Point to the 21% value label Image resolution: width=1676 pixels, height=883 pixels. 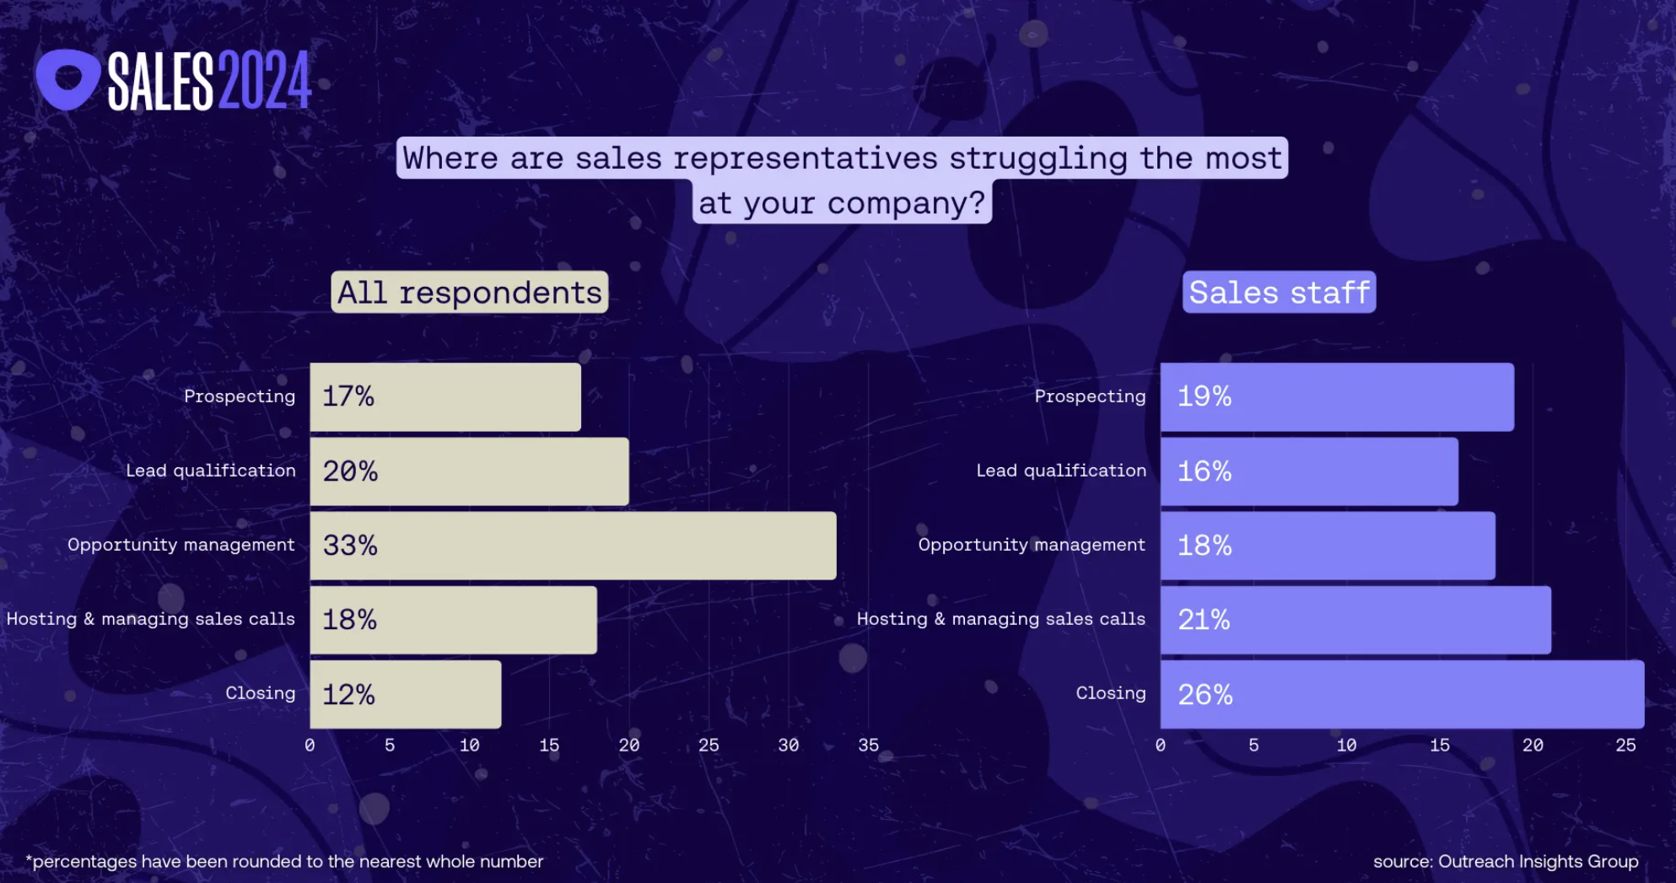(1204, 620)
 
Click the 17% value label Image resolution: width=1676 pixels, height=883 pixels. (348, 396)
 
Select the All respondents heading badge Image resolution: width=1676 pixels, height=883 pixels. (469, 292)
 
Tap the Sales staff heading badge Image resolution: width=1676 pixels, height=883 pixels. (1279, 292)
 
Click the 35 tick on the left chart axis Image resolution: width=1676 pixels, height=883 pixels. (868, 746)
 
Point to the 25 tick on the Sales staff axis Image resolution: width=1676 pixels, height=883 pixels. (1625, 746)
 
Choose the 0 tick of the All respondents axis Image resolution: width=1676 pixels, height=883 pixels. (310, 746)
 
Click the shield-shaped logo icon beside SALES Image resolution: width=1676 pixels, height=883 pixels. (67, 79)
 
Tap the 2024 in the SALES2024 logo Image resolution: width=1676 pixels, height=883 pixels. (264, 81)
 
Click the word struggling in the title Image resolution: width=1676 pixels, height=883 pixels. (1037, 158)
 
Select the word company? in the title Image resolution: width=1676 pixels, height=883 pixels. (906, 202)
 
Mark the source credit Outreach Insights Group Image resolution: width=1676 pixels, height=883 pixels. (1506, 861)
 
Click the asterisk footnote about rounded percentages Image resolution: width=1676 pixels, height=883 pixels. (284, 861)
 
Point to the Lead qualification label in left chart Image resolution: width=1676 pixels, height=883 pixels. (211, 471)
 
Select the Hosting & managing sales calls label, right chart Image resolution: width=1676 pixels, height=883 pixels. (1000, 619)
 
